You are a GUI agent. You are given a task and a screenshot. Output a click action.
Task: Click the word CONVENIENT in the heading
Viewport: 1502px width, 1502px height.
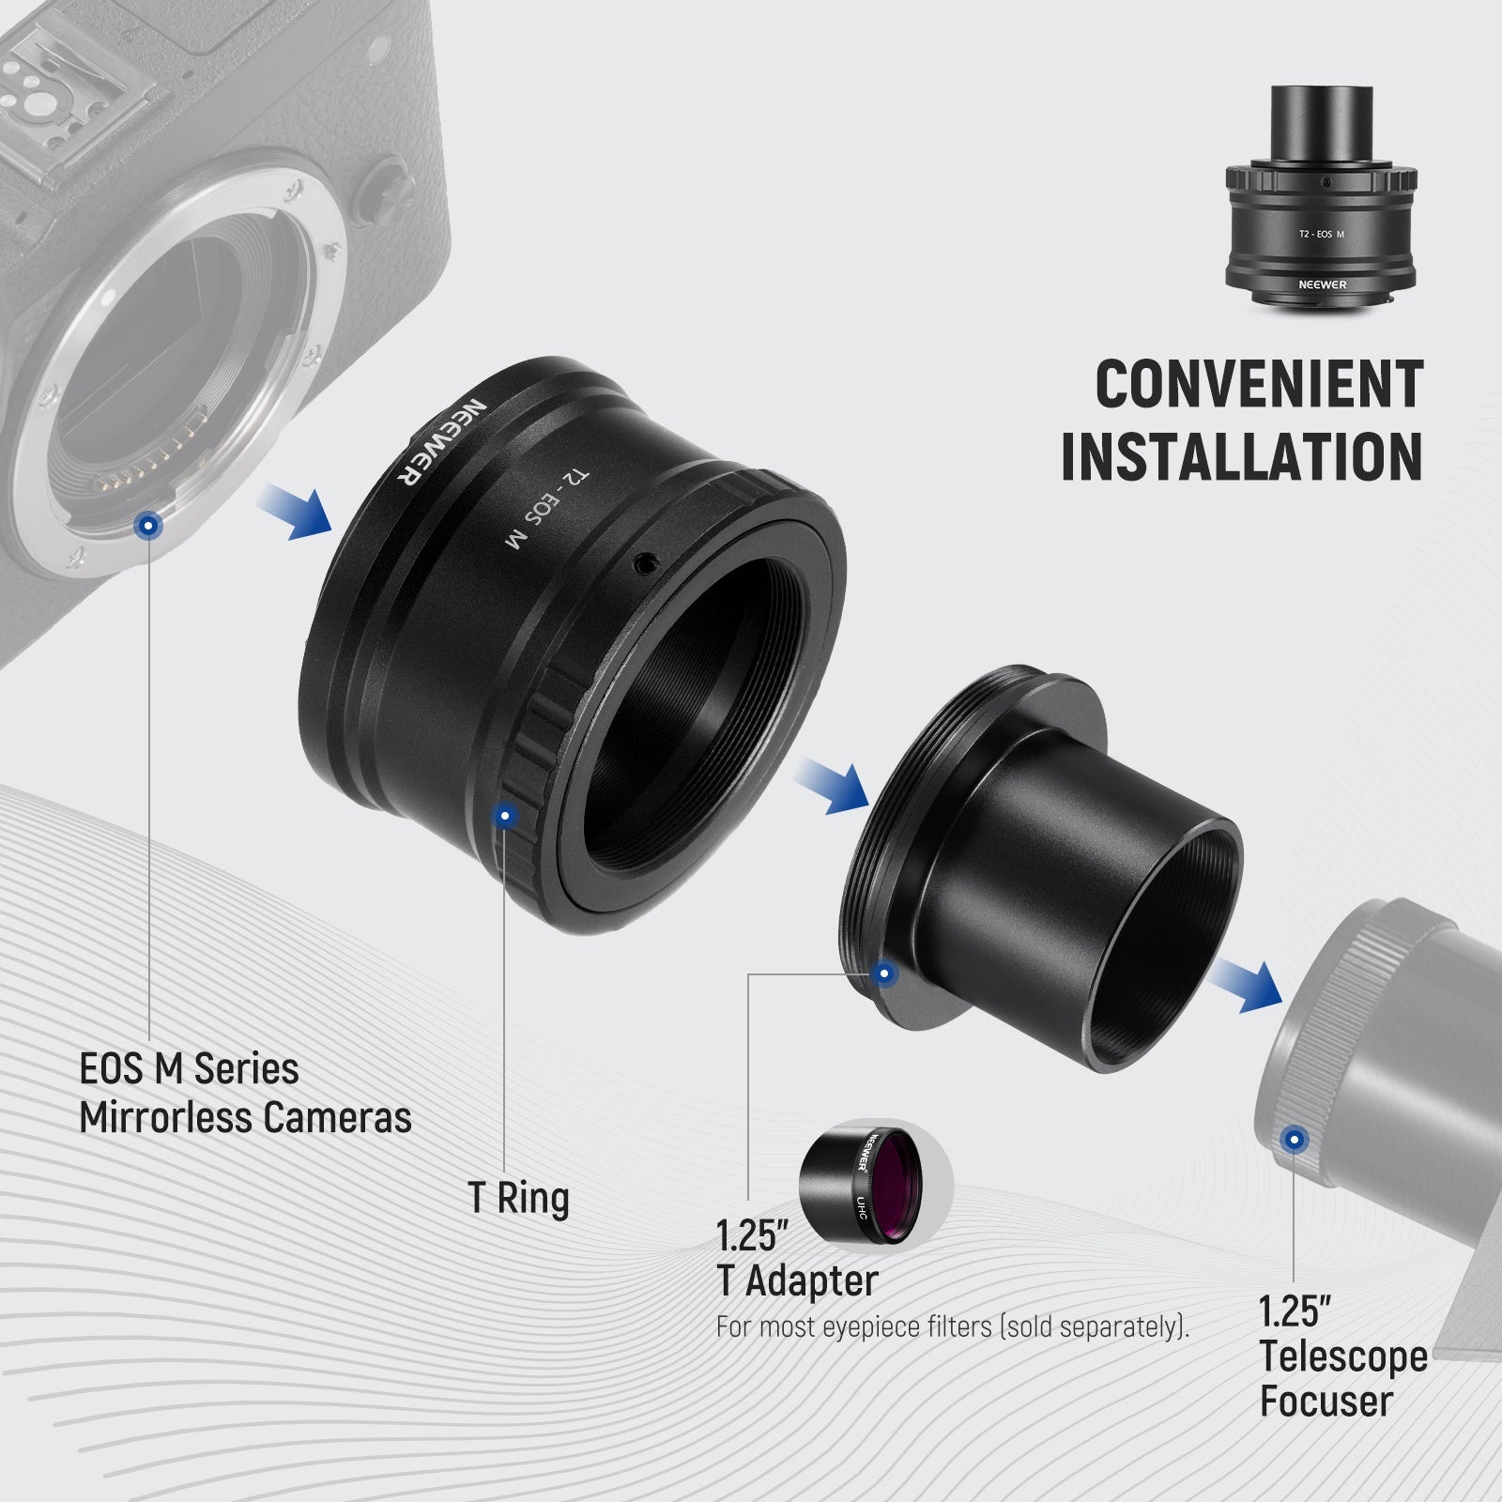pyautogui.click(x=1258, y=384)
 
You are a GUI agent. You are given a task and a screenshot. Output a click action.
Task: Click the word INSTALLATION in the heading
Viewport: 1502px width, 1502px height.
pyautogui.click(x=1241, y=457)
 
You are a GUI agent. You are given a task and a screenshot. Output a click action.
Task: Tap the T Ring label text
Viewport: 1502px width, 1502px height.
pyautogui.click(x=518, y=1199)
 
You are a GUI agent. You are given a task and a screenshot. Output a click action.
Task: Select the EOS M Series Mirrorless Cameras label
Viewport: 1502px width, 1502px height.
pyautogui.click(x=245, y=1094)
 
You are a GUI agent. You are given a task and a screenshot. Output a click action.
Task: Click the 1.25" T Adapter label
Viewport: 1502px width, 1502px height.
pyautogui.click(x=797, y=1259)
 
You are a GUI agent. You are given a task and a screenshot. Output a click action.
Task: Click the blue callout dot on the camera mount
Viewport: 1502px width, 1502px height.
pyautogui.click(x=146, y=527)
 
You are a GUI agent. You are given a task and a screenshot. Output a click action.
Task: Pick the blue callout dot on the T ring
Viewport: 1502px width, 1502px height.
pyautogui.click(x=506, y=816)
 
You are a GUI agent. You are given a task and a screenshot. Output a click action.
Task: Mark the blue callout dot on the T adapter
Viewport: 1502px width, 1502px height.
pyautogui.click(x=883, y=974)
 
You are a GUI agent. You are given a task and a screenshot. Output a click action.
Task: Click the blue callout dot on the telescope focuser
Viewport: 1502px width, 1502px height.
pyautogui.click(x=1295, y=1141)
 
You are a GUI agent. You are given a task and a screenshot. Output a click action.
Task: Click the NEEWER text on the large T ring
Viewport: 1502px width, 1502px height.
pyautogui.click(x=438, y=438)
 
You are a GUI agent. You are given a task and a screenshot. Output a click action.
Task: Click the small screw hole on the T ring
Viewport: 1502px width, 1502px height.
pyautogui.click(x=645, y=563)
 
